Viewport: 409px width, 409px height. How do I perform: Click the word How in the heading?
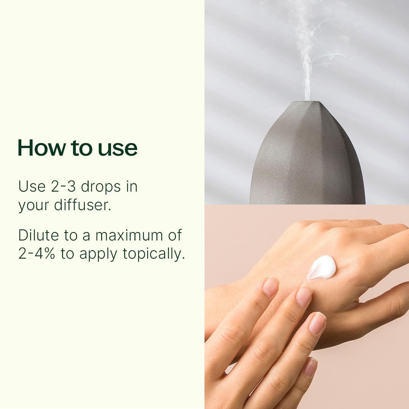[42, 148]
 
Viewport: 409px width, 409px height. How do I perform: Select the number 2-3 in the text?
[63, 187]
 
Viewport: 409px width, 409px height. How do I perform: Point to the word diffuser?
[83, 205]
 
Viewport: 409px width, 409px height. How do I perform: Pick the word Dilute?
[39, 235]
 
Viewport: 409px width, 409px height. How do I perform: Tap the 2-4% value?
[36, 253]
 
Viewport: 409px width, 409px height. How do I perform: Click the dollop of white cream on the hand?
[322, 267]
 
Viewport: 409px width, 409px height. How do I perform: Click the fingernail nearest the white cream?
[304, 297]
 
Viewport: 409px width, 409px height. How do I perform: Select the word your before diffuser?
[34, 206]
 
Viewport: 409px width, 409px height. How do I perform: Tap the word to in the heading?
[81, 148]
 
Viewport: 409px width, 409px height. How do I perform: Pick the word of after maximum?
[175, 235]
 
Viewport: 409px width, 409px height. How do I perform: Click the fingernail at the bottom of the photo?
[310, 367]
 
